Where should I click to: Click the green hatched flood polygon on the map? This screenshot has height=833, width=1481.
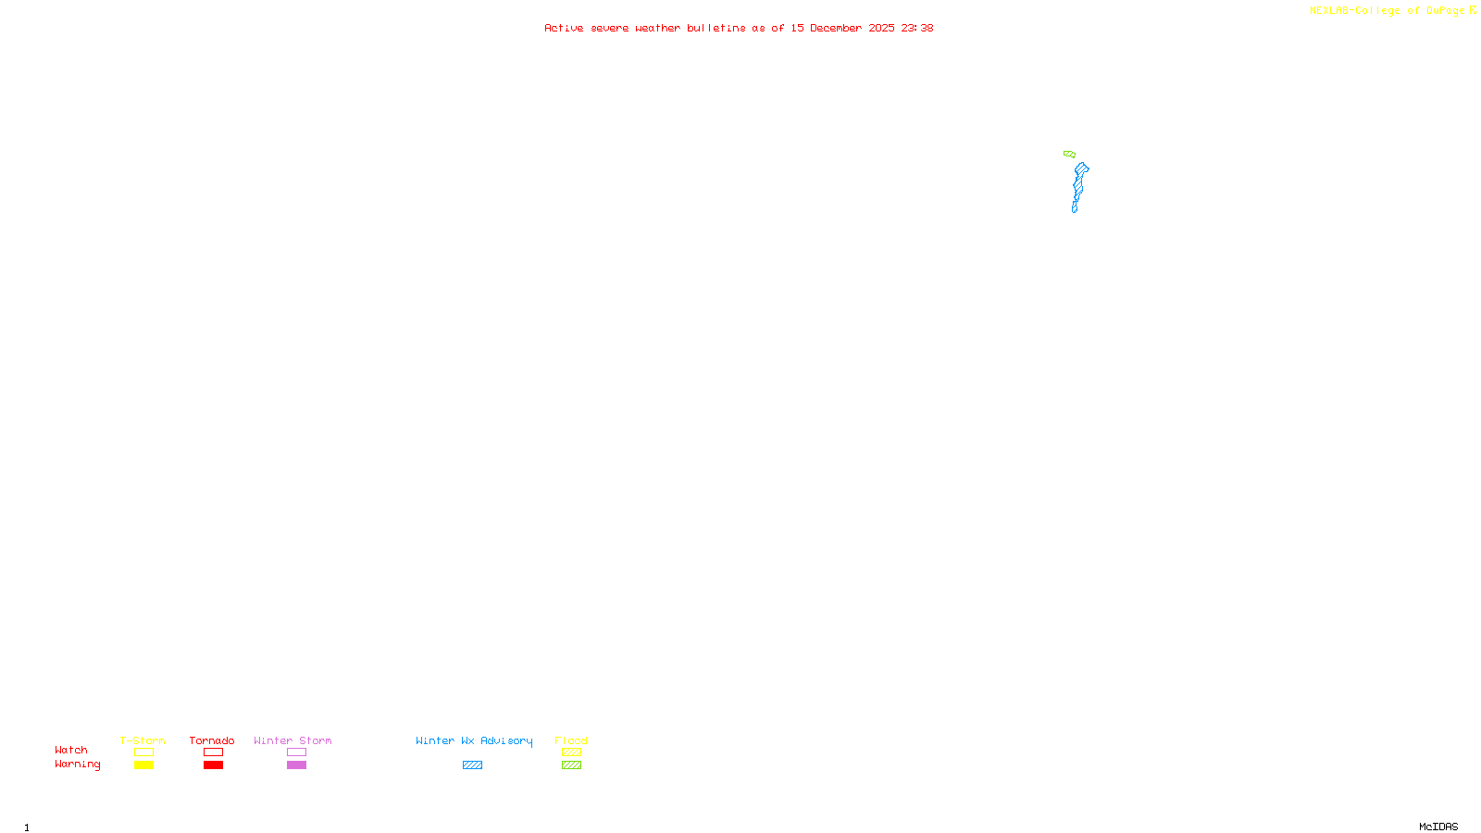pos(1069,154)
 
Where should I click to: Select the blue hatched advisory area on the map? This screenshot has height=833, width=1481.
pos(1078,185)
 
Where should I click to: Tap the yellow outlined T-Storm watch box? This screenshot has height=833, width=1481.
pos(143,752)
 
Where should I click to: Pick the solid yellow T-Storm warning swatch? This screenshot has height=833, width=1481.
pos(143,765)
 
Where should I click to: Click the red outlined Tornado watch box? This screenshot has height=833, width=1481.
pos(213,752)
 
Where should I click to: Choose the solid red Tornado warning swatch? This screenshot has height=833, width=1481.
pos(213,765)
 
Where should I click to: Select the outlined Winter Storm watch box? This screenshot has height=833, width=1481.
pos(296,752)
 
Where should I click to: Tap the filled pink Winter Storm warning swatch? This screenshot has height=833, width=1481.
pos(296,765)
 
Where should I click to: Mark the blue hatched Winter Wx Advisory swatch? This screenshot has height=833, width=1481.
pos(472,765)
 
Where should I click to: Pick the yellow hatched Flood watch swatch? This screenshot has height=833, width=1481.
pos(571,752)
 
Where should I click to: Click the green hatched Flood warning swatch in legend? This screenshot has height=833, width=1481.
pos(571,765)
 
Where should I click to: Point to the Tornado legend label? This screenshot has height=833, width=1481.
pos(212,740)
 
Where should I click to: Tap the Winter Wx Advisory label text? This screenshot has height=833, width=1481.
pos(474,740)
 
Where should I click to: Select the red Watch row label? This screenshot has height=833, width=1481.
pos(71,750)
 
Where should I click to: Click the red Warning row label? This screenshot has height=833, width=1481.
pos(78,765)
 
